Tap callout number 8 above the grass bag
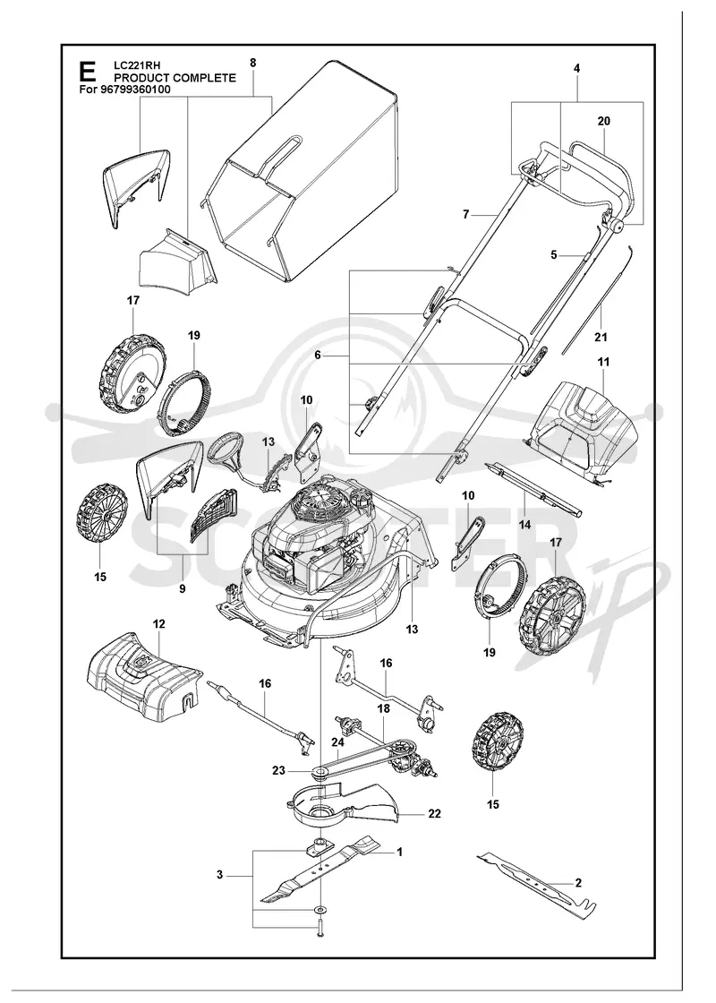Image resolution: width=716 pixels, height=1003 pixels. (x=253, y=63)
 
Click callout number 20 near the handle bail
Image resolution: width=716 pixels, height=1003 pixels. (x=603, y=121)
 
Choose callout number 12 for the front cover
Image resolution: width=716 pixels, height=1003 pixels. (x=159, y=623)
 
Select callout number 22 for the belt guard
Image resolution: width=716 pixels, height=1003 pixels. (x=434, y=814)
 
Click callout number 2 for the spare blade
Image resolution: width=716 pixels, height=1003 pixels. (x=578, y=883)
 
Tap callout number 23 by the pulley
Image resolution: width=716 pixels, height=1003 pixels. (x=278, y=771)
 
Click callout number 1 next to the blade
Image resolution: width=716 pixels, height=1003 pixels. (x=399, y=852)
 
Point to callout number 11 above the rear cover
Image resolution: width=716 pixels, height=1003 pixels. (x=603, y=362)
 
